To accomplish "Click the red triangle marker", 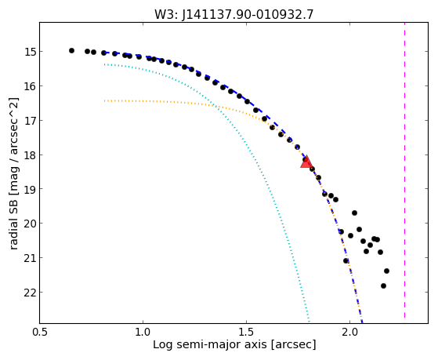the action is (306, 162).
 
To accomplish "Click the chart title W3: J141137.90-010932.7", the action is (233, 15).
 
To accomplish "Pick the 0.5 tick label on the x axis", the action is (40, 332).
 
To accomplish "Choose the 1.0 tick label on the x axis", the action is (143, 332).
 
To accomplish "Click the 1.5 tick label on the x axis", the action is (246, 332).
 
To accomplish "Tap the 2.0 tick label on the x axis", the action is (349, 332).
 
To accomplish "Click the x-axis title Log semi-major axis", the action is (210, 344).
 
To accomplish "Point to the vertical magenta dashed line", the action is (404, 170).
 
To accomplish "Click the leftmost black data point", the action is (71, 51).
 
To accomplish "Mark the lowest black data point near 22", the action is (383, 285).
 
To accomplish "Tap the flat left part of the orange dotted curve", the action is (157, 101).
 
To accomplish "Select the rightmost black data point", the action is (386, 271).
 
